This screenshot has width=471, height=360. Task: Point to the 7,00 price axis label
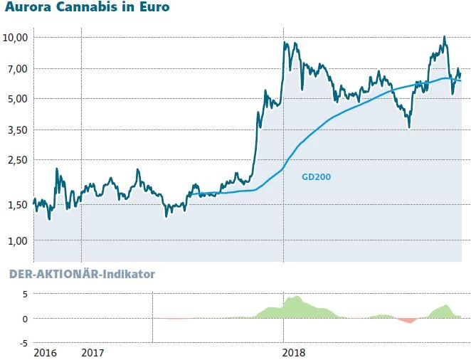tap(16, 69)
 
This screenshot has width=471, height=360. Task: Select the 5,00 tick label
tap(16, 99)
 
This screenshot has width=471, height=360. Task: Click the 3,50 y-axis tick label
tap(16, 130)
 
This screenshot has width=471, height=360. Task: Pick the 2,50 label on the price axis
tap(16, 160)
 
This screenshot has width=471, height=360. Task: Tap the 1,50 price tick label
tap(16, 205)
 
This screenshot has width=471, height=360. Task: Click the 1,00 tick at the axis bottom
tap(16, 240)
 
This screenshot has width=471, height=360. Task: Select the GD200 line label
tap(317, 177)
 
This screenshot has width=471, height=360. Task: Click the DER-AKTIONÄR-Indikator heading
tap(82, 274)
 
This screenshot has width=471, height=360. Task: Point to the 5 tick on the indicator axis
tap(24, 294)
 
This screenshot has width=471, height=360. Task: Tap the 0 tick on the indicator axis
tap(24, 318)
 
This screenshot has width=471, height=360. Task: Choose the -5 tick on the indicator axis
tap(22, 342)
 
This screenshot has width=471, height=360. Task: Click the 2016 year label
tap(46, 352)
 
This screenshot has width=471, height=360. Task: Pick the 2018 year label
tap(294, 352)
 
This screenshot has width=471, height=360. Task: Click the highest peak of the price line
tap(444, 37)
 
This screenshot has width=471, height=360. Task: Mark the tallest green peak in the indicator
tap(295, 297)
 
